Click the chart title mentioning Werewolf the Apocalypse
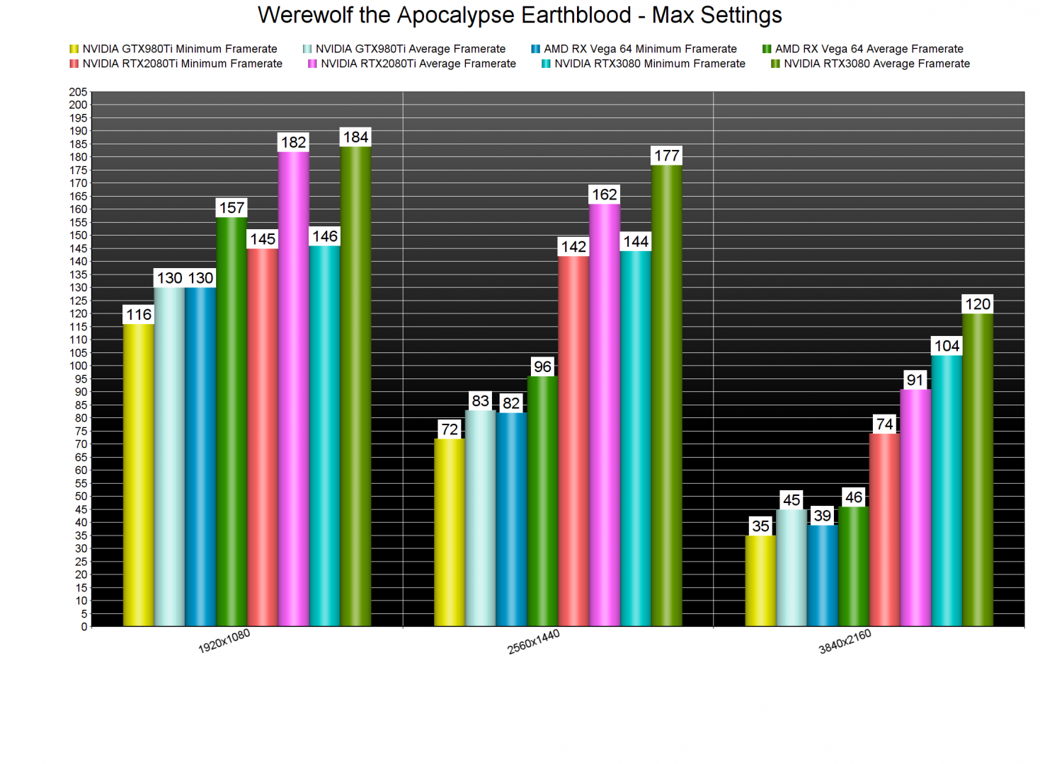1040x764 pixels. click(520, 15)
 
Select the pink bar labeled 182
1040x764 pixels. click(293, 389)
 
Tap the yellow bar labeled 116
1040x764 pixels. click(139, 474)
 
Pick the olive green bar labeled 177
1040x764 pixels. click(666, 396)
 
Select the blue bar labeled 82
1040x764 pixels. click(511, 519)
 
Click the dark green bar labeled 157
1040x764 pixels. click(232, 422)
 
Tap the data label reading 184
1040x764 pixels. click(355, 137)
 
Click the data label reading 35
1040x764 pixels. click(760, 526)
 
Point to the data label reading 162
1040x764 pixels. click(604, 195)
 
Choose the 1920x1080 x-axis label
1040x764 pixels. click(224, 642)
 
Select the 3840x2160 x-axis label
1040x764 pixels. click(845, 642)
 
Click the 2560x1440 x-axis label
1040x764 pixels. click(534, 642)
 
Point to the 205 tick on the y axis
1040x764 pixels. click(79, 92)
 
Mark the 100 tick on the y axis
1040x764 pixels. click(79, 366)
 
